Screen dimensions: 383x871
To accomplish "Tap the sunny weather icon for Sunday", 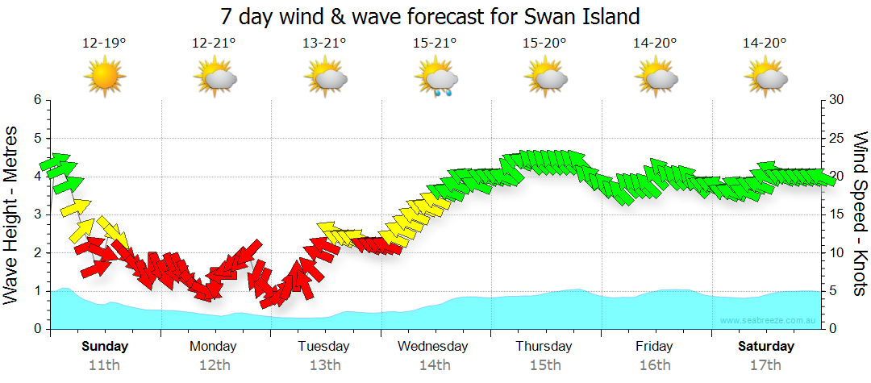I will pos(105,77).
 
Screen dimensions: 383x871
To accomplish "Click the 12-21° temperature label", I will pos(214,44).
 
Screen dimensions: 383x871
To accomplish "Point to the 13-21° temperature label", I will pos(324,44).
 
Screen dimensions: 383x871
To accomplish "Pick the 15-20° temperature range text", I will pos(544,44).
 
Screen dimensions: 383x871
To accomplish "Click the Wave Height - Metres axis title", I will pos(13,214).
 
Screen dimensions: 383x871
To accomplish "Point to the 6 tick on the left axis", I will pos(37,100).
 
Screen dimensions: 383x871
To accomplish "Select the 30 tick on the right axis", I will pos(836,100).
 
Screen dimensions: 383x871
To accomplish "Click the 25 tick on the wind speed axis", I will pos(836,138).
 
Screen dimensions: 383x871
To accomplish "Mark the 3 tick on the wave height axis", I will pos(37,214).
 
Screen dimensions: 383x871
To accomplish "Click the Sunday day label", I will pos(104,347).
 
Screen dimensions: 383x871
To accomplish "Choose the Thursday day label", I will pos(544,347).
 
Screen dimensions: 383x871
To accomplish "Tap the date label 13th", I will pos(324,365).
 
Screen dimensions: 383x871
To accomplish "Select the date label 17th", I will pos(765,365).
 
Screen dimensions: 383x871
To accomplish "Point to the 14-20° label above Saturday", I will pos(765,44).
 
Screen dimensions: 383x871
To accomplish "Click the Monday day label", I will pos(214,347).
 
